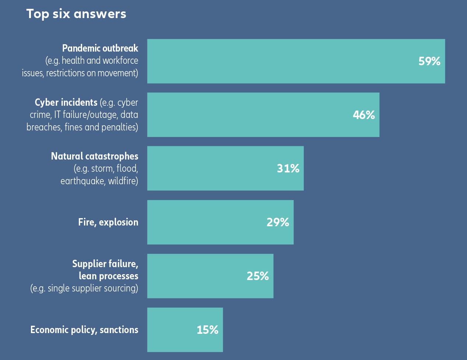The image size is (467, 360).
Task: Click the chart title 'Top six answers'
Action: (x=76, y=14)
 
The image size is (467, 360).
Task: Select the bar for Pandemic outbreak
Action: (x=280, y=61)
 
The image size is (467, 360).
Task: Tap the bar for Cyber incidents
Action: (x=250, y=115)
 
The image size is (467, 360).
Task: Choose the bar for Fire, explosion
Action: (x=206, y=222)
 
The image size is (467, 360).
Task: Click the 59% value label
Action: (x=429, y=61)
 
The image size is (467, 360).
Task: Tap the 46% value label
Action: (x=364, y=115)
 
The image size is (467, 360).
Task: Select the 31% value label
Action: (x=288, y=168)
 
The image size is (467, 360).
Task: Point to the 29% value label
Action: (x=278, y=222)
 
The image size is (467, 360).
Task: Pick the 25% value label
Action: (x=258, y=276)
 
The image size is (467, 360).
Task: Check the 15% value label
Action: (x=207, y=330)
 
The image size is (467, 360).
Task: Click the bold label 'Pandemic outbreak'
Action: (x=100, y=48)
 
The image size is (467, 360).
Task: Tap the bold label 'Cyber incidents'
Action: (x=66, y=102)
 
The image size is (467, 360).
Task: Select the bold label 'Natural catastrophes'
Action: (x=95, y=156)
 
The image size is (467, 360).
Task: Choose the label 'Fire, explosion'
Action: (x=108, y=222)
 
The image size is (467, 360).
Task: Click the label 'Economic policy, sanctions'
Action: (x=84, y=330)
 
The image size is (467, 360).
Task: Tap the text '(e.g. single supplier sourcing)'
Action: (x=84, y=288)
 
